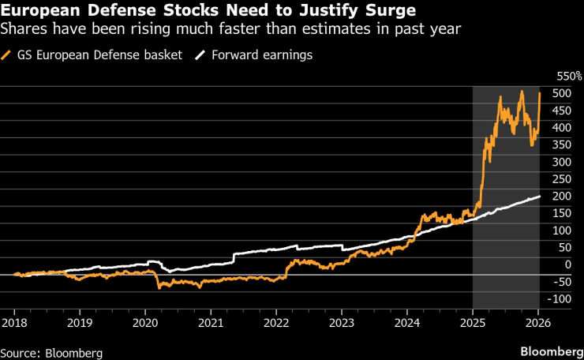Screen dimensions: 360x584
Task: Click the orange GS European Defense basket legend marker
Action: pyautogui.click(x=7, y=55)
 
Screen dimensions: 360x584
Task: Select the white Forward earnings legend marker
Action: pyautogui.click(x=201, y=55)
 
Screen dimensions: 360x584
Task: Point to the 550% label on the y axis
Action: pyautogui.click(x=568, y=77)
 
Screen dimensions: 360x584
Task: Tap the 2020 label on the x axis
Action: pyautogui.click(x=145, y=322)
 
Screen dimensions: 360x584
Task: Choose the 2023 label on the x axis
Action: pyautogui.click(x=341, y=322)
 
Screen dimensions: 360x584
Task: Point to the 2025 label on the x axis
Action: pyautogui.click(x=472, y=322)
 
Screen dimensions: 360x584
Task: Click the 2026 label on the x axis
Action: pyautogui.click(x=538, y=322)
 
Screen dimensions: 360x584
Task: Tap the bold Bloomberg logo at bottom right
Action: pyautogui.click(x=548, y=350)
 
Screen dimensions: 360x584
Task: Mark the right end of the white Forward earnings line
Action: pyautogui.click(x=540, y=196)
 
